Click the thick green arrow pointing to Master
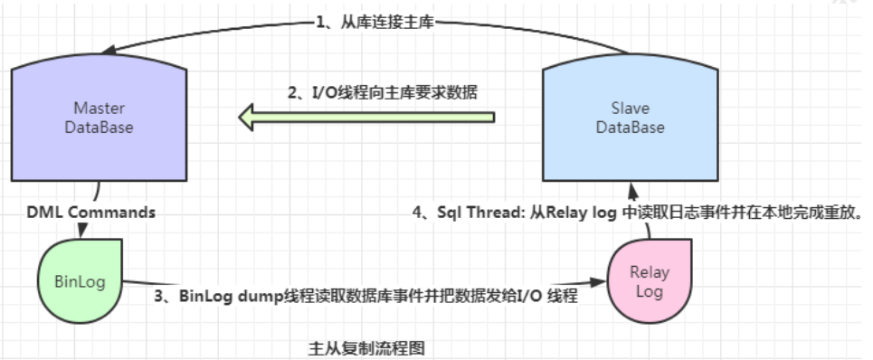tap(366, 117)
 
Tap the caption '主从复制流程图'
tap(366, 346)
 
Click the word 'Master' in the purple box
tap(99, 109)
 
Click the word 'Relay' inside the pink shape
tap(650, 271)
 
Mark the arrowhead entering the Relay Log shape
tap(601, 282)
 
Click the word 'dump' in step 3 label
tap(257, 295)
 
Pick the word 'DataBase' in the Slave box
tap(630, 128)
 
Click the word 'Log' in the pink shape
tap(650, 290)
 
